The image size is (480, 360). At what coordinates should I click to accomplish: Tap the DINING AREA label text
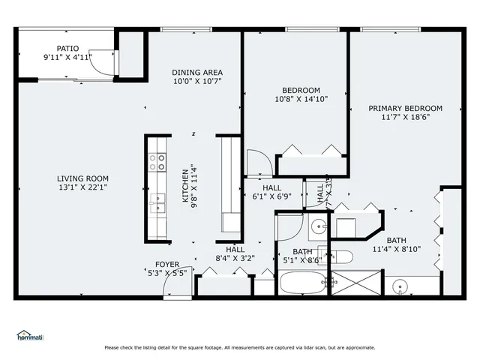[197, 73]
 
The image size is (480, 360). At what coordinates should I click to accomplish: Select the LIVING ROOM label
[83, 178]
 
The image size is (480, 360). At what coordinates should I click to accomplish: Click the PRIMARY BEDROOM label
[405, 108]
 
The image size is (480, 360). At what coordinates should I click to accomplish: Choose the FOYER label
[166, 264]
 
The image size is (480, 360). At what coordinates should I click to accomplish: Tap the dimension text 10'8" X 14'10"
[295, 99]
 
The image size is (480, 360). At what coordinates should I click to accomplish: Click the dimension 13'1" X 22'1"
[83, 187]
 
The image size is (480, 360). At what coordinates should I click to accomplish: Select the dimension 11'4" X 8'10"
[396, 249]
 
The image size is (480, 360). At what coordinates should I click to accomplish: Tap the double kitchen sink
[158, 203]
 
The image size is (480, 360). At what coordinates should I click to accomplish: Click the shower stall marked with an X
[357, 283]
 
